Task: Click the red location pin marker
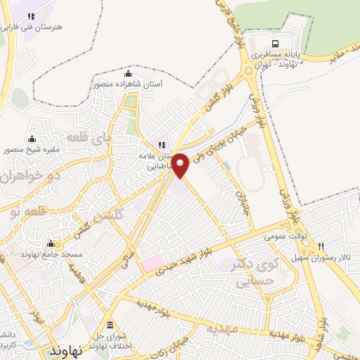click(x=181, y=164)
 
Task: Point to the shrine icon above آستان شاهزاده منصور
click(x=127, y=74)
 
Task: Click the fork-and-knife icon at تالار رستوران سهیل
click(x=321, y=247)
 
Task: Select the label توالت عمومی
click(x=283, y=237)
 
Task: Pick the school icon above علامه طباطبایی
click(x=162, y=144)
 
